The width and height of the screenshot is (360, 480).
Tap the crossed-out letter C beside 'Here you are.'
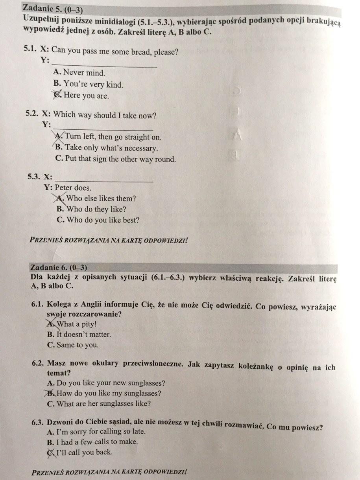click(57, 95)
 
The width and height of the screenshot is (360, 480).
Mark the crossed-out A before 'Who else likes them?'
click(61, 198)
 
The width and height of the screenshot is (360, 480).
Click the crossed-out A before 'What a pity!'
click(51, 324)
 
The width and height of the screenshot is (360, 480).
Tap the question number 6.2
click(38, 364)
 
